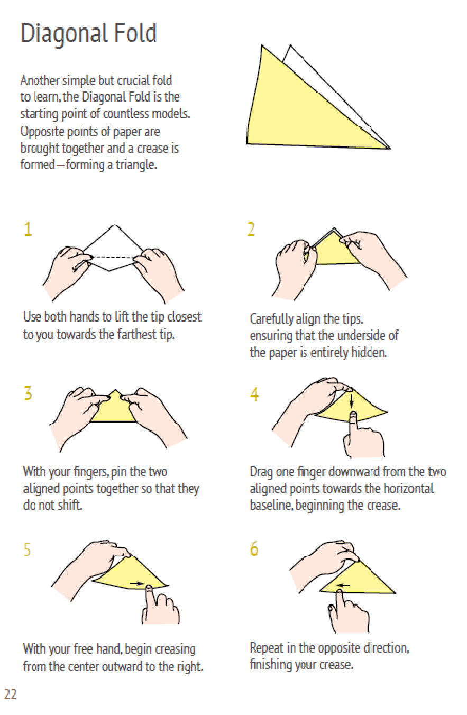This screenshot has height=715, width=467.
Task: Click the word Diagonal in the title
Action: click(x=64, y=34)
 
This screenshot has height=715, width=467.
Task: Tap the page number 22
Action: click(x=10, y=694)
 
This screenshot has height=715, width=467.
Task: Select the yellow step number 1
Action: click(x=28, y=229)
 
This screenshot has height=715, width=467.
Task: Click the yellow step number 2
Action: click(x=251, y=229)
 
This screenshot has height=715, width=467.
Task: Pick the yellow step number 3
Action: click(x=28, y=393)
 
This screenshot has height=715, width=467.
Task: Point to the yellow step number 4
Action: click(x=254, y=395)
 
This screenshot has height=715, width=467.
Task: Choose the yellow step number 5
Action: click(x=27, y=549)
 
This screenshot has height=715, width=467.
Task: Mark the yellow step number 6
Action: click(x=254, y=549)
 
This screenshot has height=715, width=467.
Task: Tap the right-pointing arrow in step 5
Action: click(x=138, y=583)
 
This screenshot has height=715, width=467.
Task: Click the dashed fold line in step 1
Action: click(x=112, y=257)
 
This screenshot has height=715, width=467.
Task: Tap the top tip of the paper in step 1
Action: click(x=115, y=225)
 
